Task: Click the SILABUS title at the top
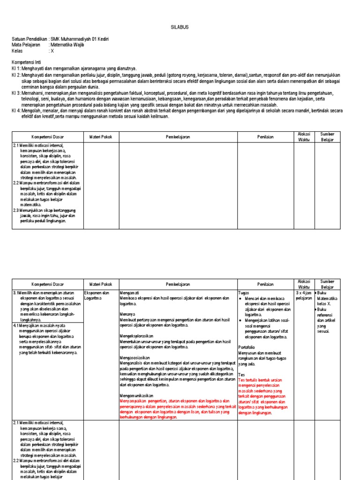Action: click(180, 27)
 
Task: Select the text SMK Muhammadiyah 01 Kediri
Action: click(80, 39)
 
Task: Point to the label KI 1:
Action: click(16, 68)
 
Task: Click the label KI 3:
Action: click(16, 93)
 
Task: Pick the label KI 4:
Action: click(16, 112)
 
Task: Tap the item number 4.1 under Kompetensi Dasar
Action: click(15, 325)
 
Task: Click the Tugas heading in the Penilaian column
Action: click(244, 292)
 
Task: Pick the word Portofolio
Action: click(248, 347)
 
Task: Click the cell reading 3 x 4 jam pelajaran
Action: click(304, 295)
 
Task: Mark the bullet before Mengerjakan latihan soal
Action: click(240, 320)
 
